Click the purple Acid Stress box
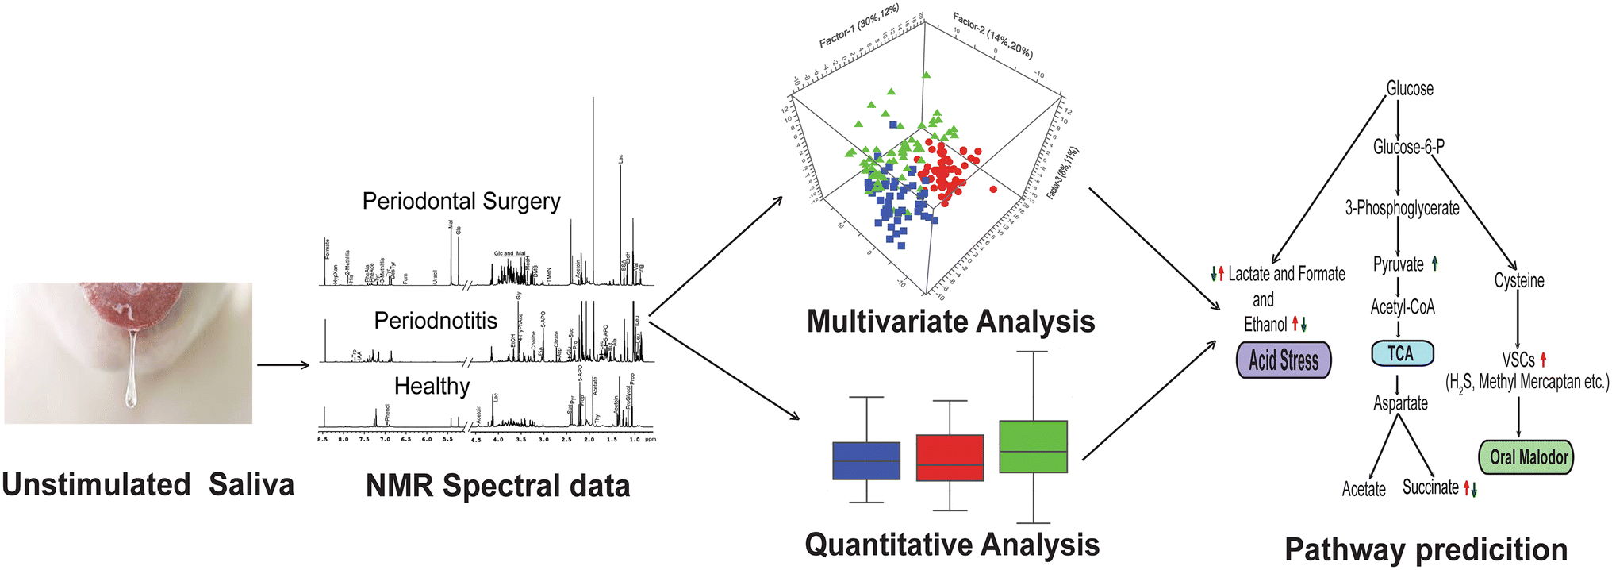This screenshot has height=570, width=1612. [x=1284, y=360]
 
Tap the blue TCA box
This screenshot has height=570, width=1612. [x=1402, y=353]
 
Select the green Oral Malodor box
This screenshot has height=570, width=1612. [x=1526, y=457]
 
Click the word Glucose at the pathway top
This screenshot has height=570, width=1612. [x=1410, y=88]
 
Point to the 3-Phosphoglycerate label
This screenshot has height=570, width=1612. [x=1402, y=208]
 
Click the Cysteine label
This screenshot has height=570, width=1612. [x=1519, y=280]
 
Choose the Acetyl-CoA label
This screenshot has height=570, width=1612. [x=1402, y=307]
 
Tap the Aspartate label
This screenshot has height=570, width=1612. [x=1400, y=403]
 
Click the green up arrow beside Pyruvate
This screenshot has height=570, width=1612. [x=1435, y=264]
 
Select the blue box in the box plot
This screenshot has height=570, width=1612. [x=866, y=460]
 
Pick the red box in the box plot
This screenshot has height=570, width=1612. [x=950, y=457]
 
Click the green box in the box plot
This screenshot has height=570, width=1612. [x=1033, y=447]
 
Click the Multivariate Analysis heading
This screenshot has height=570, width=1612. [x=950, y=322]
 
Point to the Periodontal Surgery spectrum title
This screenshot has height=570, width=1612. [x=461, y=202]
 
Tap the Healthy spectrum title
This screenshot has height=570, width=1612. [x=432, y=387]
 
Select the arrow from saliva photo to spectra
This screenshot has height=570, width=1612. [x=283, y=365]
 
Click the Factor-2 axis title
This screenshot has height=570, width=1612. [x=992, y=37]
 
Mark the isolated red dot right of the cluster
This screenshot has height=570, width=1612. [x=993, y=189]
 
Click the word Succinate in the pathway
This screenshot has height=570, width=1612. [x=1430, y=487]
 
